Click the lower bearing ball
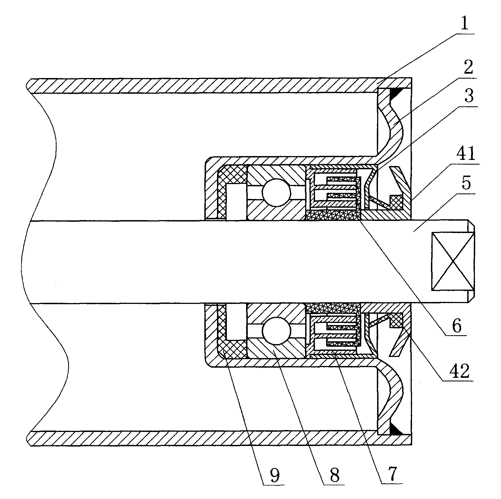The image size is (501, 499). click(276, 331)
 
